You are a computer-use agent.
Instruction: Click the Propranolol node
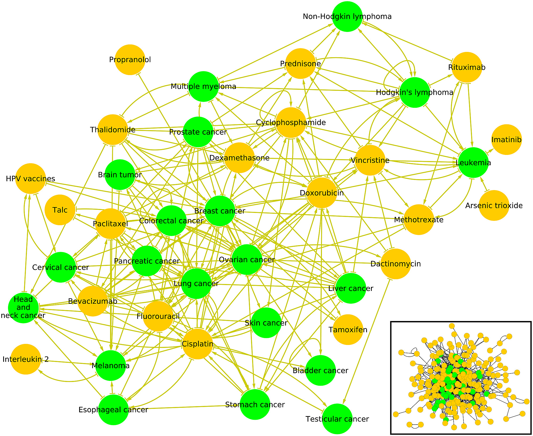click(130, 60)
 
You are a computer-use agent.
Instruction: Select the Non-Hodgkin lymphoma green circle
click(347, 17)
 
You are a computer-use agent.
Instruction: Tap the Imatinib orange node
click(506, 139)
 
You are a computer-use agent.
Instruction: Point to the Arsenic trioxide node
click(494, 205)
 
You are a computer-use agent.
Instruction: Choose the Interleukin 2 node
click(26, 359)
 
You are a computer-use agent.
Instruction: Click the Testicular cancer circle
click(337, 419)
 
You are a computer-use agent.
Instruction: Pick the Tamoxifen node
click(348, 330)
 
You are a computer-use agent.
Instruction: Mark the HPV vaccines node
click(31, 178)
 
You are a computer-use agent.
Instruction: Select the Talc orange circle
click(60, 210)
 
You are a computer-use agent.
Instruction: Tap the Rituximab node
click(467, 67)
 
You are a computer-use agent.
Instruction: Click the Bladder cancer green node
click(320, 370)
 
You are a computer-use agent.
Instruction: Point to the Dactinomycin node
click(395, 264)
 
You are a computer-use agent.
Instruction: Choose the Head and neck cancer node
click(23, 308)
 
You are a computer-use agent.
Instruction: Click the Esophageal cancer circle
click(114, 410)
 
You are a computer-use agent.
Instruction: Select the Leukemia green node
click(473, 163)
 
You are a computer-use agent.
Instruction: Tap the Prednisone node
click(300, 64)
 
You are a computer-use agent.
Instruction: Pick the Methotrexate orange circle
click(419, 220)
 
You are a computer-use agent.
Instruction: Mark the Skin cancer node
click(266, 323)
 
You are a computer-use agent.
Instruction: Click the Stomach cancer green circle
click(255, 405)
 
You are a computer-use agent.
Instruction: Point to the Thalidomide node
click(113, 130)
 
